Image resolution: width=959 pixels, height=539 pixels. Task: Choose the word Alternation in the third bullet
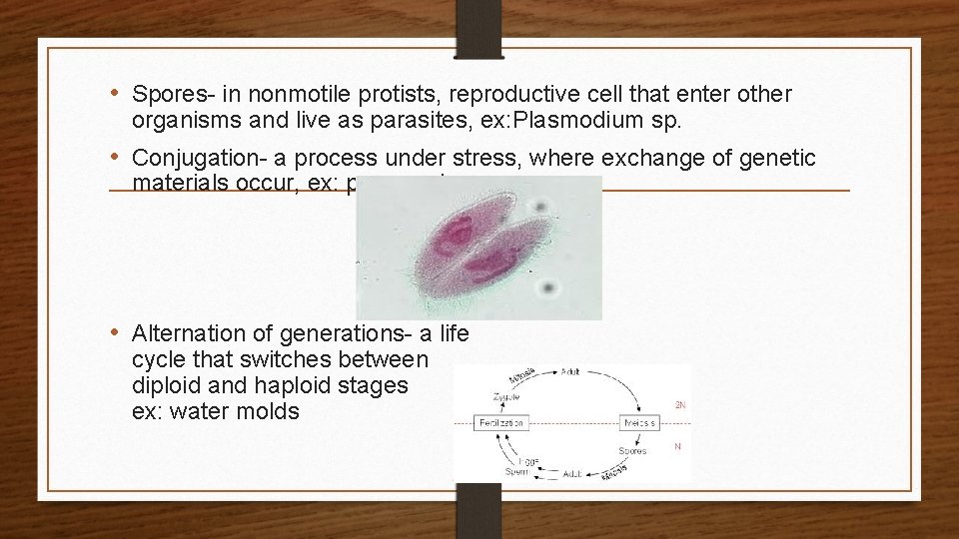(x=191, y=332)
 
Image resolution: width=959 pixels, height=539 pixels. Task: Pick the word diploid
(x=165, y=385)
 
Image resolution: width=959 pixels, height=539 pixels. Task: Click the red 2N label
(x=680, y=405)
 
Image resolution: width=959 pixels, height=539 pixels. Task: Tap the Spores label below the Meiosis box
(x=631, y=450)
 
